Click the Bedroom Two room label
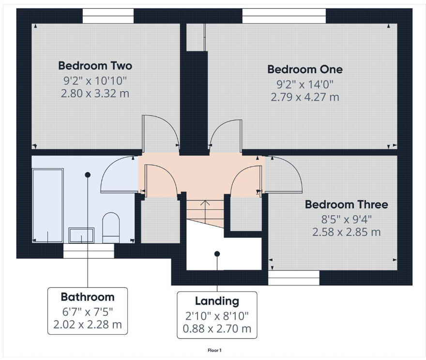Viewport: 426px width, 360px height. [x=95, y=65]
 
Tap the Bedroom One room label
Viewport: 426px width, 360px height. [x=304, y=69]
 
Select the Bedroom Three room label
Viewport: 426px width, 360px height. [x=346, y=204]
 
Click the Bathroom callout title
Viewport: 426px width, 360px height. [x=88, y=297]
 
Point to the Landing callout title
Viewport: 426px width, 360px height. [x=217, y=301]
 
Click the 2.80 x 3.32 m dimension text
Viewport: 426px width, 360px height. [x=95, y=93]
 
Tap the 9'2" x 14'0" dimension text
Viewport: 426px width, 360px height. [x=304, y=84]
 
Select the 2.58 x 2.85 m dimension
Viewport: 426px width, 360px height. [x=346, y=232]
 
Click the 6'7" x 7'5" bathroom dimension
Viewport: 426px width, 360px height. [x=88, y=311]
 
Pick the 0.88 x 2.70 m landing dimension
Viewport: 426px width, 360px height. [x=217, y=329]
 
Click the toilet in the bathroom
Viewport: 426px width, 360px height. [x=111, y=227]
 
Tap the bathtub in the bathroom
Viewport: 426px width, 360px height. [x=47, y=205]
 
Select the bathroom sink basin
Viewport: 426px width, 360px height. [x=81, y=235]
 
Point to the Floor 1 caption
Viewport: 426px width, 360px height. [x=215, y=350]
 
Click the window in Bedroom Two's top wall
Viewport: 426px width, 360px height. [x=108, y=18]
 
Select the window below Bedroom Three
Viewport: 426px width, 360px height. [x=294, y=278]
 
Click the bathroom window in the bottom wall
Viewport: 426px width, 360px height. [x=89, y=250]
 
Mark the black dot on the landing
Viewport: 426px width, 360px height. [x=217, y=253]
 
